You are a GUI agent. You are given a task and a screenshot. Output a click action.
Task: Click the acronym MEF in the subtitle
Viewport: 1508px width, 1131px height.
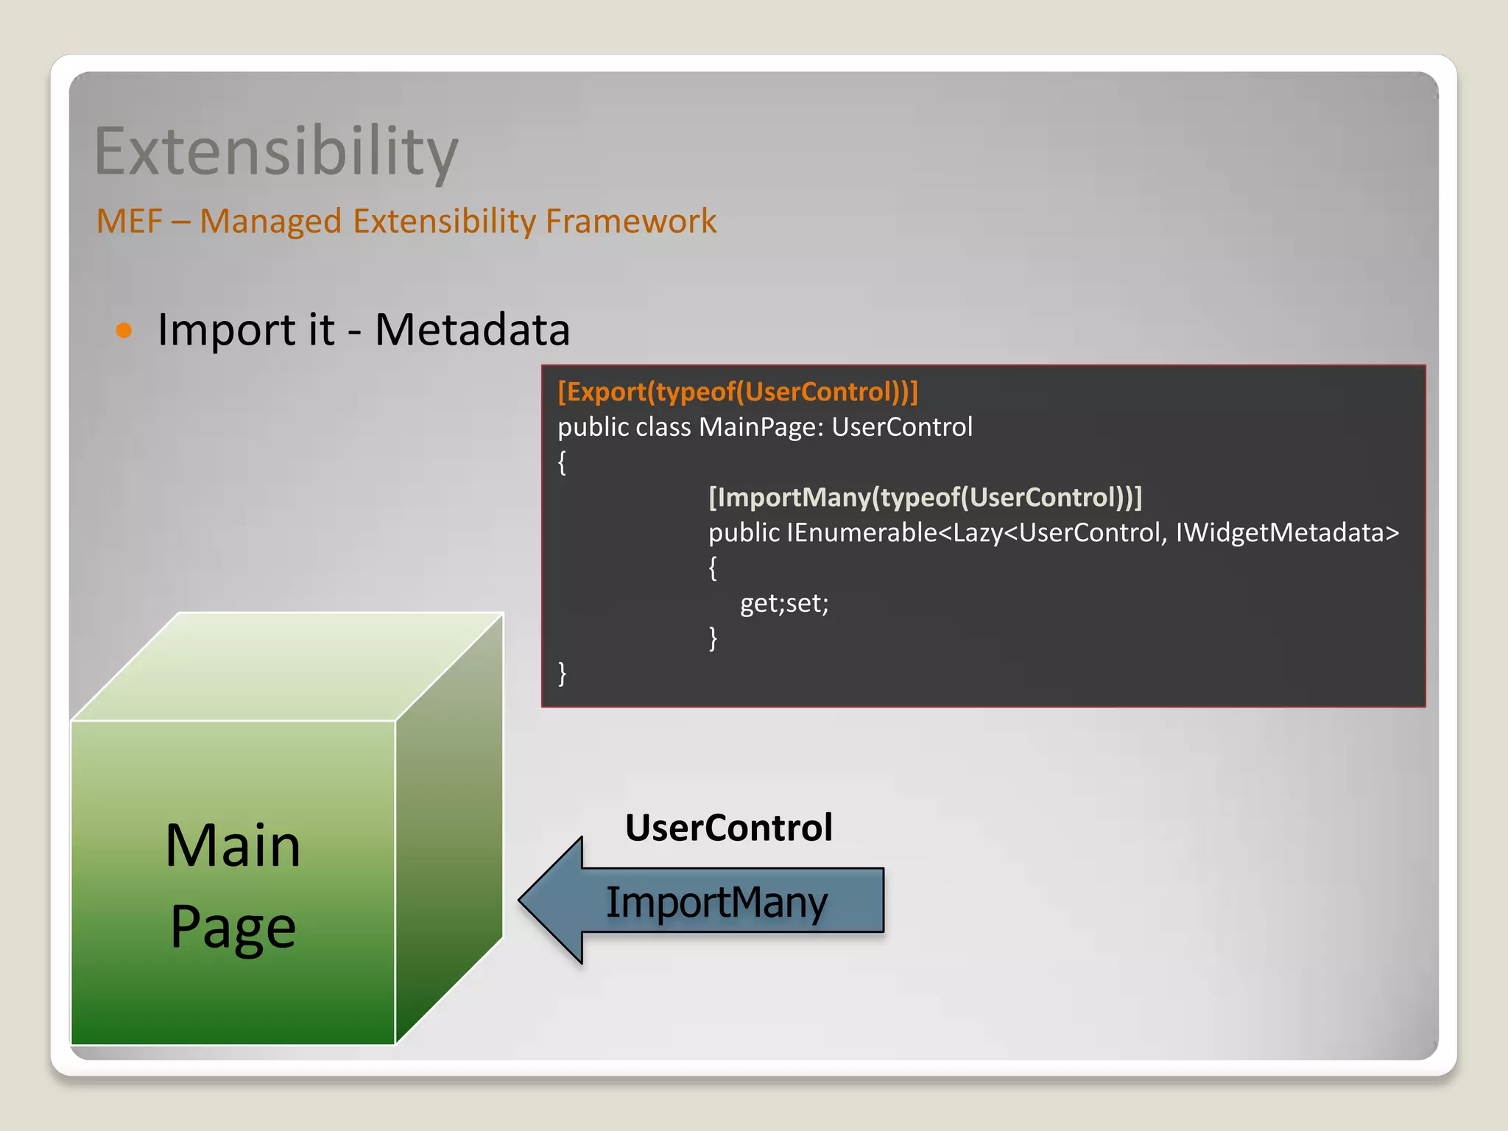(129, 221)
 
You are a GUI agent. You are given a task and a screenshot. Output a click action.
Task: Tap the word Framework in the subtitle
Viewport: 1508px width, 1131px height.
(630, 221)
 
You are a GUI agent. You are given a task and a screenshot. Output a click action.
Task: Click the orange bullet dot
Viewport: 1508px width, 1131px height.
(124, 330)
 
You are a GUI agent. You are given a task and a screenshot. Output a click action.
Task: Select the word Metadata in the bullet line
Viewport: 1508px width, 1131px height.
(472, 329)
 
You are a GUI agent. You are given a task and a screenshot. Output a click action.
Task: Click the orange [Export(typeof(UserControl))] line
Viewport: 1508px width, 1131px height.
(738, 392)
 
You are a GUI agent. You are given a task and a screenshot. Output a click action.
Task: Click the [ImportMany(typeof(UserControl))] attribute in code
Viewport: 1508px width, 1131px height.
(925, 497)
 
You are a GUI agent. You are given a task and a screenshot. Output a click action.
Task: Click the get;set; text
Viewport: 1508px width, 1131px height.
(784, 603)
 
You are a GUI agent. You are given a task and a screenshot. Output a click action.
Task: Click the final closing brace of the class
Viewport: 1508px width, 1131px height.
(563, 673)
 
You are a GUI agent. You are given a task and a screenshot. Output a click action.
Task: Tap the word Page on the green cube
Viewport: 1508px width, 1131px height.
(233, 926)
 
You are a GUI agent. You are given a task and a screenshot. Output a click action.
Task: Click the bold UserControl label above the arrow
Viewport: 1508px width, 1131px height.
(728, 828)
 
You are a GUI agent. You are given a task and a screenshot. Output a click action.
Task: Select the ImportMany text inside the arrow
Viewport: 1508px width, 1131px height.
(716, 902)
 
